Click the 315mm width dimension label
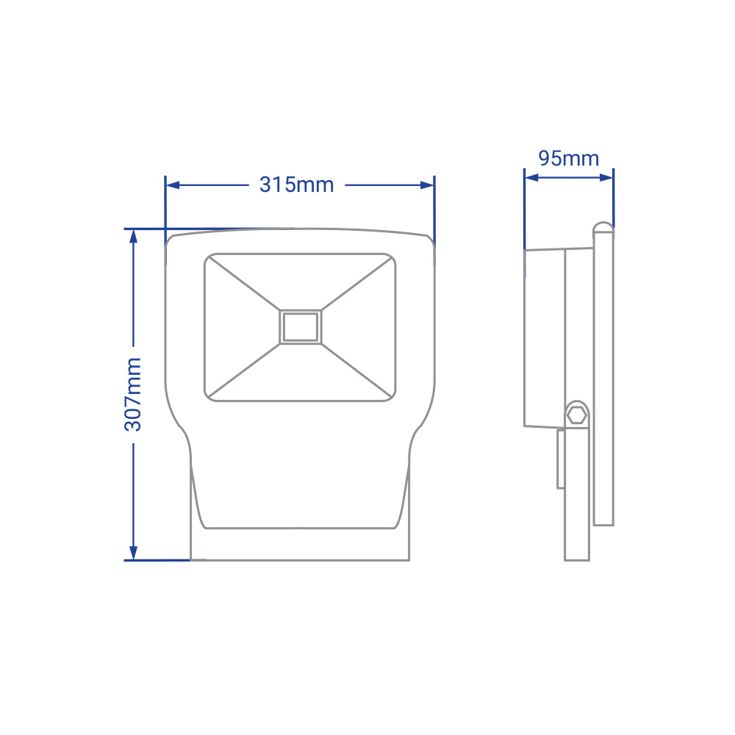click(297, 184)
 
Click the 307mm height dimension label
click(132, 394)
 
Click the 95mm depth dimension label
click(569, 159)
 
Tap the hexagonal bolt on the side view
click(576, 415)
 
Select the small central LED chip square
click(301, 327)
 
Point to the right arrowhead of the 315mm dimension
click(427, 185)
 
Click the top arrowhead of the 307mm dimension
click(134, 237)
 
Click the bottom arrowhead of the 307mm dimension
click(134, 553)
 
